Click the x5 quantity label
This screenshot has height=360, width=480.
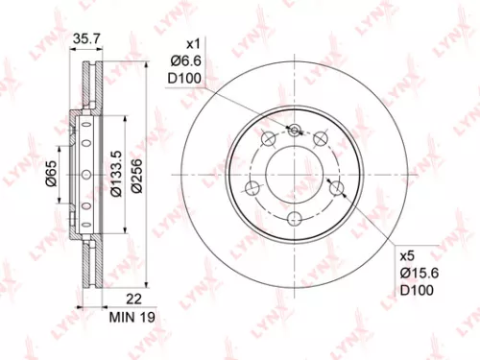(407, 257)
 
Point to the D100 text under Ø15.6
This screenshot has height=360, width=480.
(415, 290)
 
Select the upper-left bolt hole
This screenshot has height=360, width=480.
(267, 142)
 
